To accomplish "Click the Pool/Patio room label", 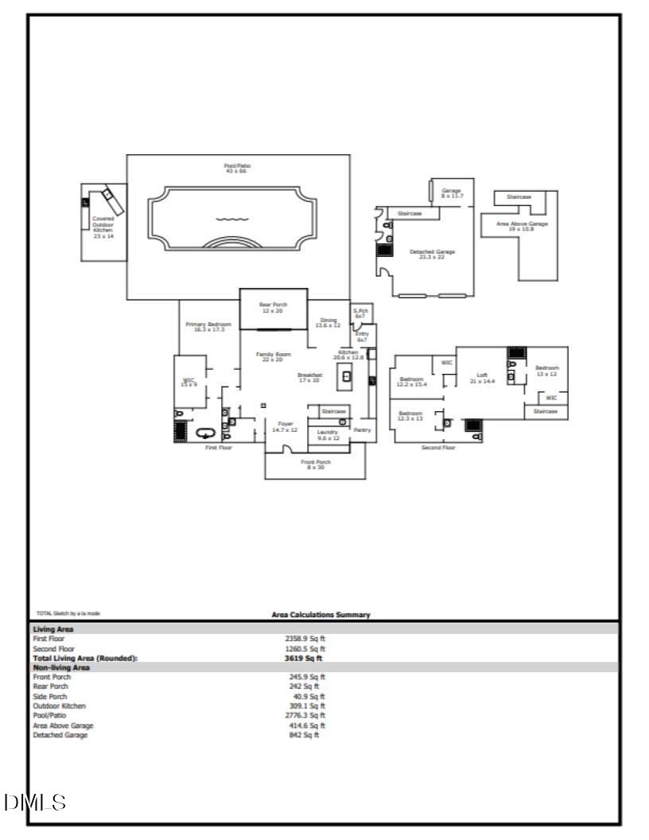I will click(238, 168).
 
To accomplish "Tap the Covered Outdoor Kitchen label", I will click(103, 227).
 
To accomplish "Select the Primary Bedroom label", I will click(208, 326).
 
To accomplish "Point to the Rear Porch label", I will click(273, 307).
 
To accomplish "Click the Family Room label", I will click(273, 356).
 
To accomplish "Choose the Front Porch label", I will click(315, 465).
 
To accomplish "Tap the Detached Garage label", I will click(432, 254).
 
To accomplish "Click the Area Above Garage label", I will click(522, 227).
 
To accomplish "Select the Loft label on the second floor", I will click(482, 377).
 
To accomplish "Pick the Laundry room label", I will click(328, 434).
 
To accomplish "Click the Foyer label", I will click(285, 426).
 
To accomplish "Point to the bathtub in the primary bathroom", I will click(206, 434).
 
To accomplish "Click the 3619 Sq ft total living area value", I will click(303, 658).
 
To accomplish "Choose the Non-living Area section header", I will click(60, 667).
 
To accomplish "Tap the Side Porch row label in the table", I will click(49, 696).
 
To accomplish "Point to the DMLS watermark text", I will click(35, 801).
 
